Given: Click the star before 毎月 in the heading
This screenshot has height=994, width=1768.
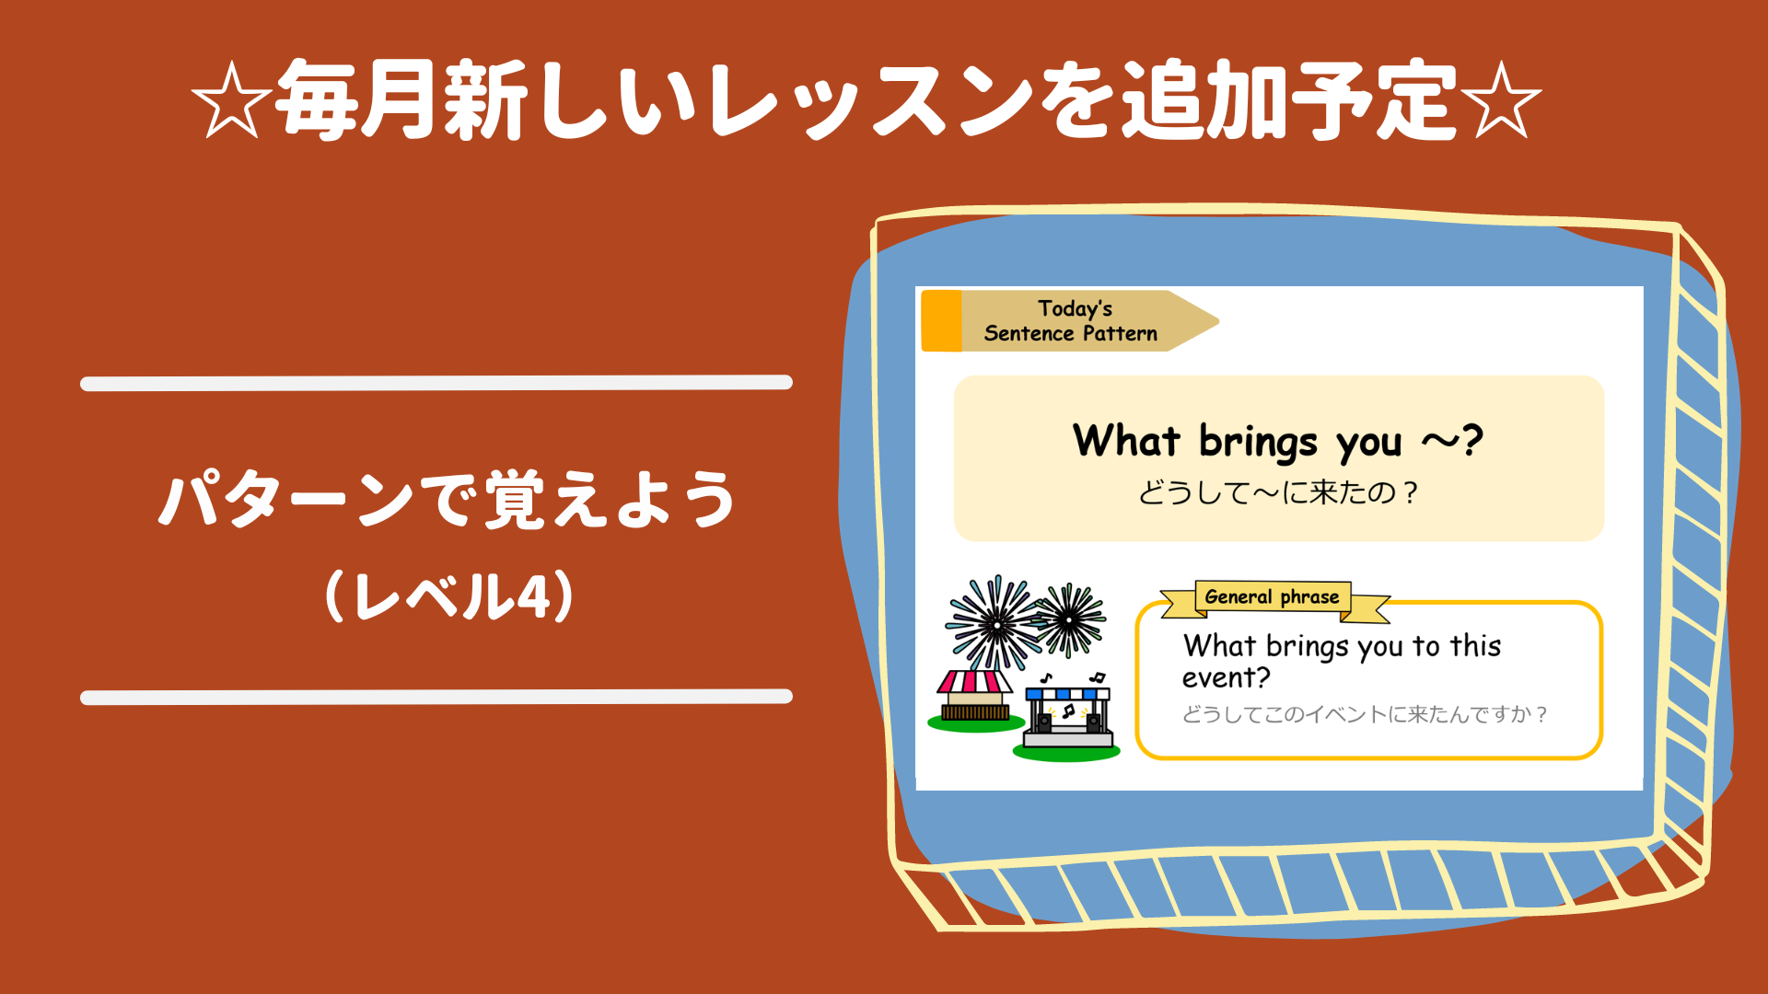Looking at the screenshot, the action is click(x=231, y=100).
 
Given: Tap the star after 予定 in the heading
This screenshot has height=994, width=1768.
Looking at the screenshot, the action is click(x=1501, y=100).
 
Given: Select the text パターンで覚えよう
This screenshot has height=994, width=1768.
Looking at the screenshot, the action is click(x=447, y=499).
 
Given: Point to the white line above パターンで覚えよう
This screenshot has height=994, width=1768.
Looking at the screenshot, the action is click(x=436, y=383).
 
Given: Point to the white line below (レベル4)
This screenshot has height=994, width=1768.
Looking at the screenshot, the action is click(x=436, y=697).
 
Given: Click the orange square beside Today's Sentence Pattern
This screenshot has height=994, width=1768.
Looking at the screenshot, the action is click(x=941, y=320).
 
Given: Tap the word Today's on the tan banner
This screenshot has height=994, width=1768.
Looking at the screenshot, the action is click(x=1075, y=308).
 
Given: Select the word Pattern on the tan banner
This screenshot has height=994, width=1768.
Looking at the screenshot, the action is click(x=1120, y=333).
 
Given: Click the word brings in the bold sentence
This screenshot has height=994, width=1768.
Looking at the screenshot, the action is click(x=1258, y=442).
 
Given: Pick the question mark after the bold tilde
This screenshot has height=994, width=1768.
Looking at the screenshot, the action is click(x=1471, y=440).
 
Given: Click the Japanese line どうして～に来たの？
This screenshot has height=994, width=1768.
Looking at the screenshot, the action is click(x=1278, y=492).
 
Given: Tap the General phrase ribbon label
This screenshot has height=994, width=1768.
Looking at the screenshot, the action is click(x=1272, y=597).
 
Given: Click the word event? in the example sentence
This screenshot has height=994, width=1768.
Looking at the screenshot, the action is click(x=1226, y=678).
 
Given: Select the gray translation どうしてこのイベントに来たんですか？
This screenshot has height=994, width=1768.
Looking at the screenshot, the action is click(x=1365, y=714).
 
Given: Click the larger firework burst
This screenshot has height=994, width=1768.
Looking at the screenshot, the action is click(x=994, y=624).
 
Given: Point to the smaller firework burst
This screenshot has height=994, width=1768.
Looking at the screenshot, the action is click(x=1069, y=619).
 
